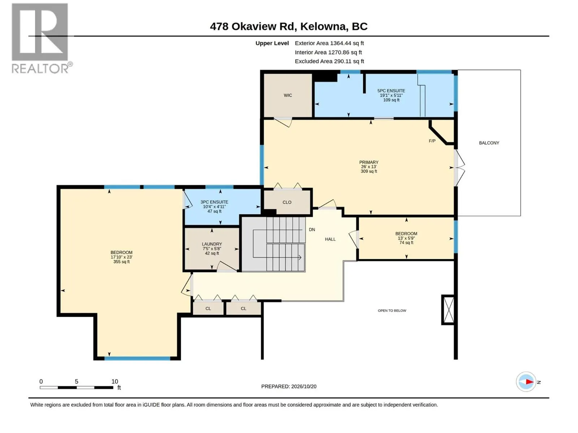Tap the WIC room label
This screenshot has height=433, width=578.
coord(288,95)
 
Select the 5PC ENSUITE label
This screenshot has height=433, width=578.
coord(391,91)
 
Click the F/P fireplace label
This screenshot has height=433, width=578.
coord(432,141)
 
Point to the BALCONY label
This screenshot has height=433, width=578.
coord(489,143)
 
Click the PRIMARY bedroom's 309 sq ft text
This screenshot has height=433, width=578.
coord(369,171)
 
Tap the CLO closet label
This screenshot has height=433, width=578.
coord(287,202)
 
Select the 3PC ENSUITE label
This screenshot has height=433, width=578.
coord(214,202)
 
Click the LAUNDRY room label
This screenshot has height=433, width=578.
coord(212,244)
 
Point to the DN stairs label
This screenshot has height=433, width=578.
coord(312,230)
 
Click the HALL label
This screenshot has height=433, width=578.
coord(330,239)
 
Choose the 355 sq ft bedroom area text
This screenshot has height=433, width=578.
coord(121,262)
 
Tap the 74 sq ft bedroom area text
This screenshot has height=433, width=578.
coord(406,242)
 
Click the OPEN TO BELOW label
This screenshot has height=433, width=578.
coord(392,311)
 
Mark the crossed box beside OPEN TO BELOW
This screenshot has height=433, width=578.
coord(448,310)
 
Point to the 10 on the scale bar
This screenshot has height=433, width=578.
coord(115,381)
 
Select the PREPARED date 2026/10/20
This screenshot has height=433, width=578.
coord(303,386)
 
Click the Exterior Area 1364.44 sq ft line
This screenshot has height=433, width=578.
coord(329,43)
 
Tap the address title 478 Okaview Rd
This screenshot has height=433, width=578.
coord(251,27)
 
